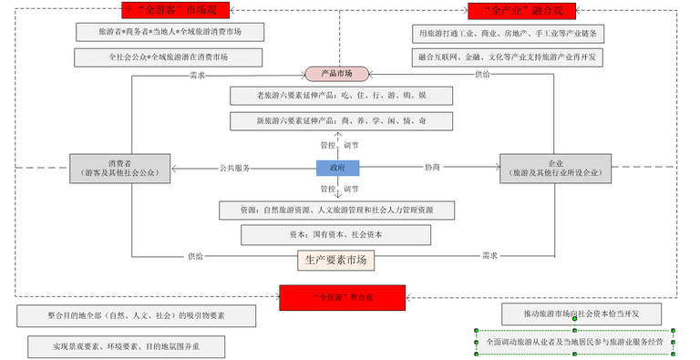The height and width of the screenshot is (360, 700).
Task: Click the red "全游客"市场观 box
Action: pyautogui.click(x=175, y=11)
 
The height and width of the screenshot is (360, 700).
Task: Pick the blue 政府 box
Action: pyautogui.click(x=337, y=168)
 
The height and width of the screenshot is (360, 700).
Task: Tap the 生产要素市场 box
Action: pyautogui.click(x=336, y=260)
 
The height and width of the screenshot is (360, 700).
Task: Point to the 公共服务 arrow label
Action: pyautogui.click(x=234, y=168)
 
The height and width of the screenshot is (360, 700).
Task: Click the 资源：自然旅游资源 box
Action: pyautogui.click(x=336, y=211)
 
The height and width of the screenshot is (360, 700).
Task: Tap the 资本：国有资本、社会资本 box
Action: pyautogui.click(x=336, y=234)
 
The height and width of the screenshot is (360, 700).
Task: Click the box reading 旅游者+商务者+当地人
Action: pyautogui.click(x=169, y=32)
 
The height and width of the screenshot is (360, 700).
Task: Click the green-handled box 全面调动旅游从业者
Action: pyautogui.click(x=574, y=342)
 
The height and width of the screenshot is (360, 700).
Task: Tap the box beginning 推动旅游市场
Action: pyautogui.click(x=581, y=314)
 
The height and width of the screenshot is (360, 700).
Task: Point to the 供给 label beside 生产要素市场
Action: pyautogui.click(x=196, y=256)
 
